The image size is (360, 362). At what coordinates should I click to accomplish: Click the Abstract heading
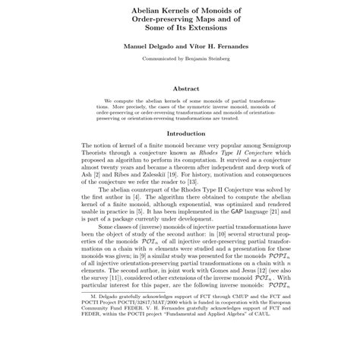[x=180, y=87]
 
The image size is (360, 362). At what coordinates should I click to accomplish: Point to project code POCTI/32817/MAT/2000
[x=117, y=340]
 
